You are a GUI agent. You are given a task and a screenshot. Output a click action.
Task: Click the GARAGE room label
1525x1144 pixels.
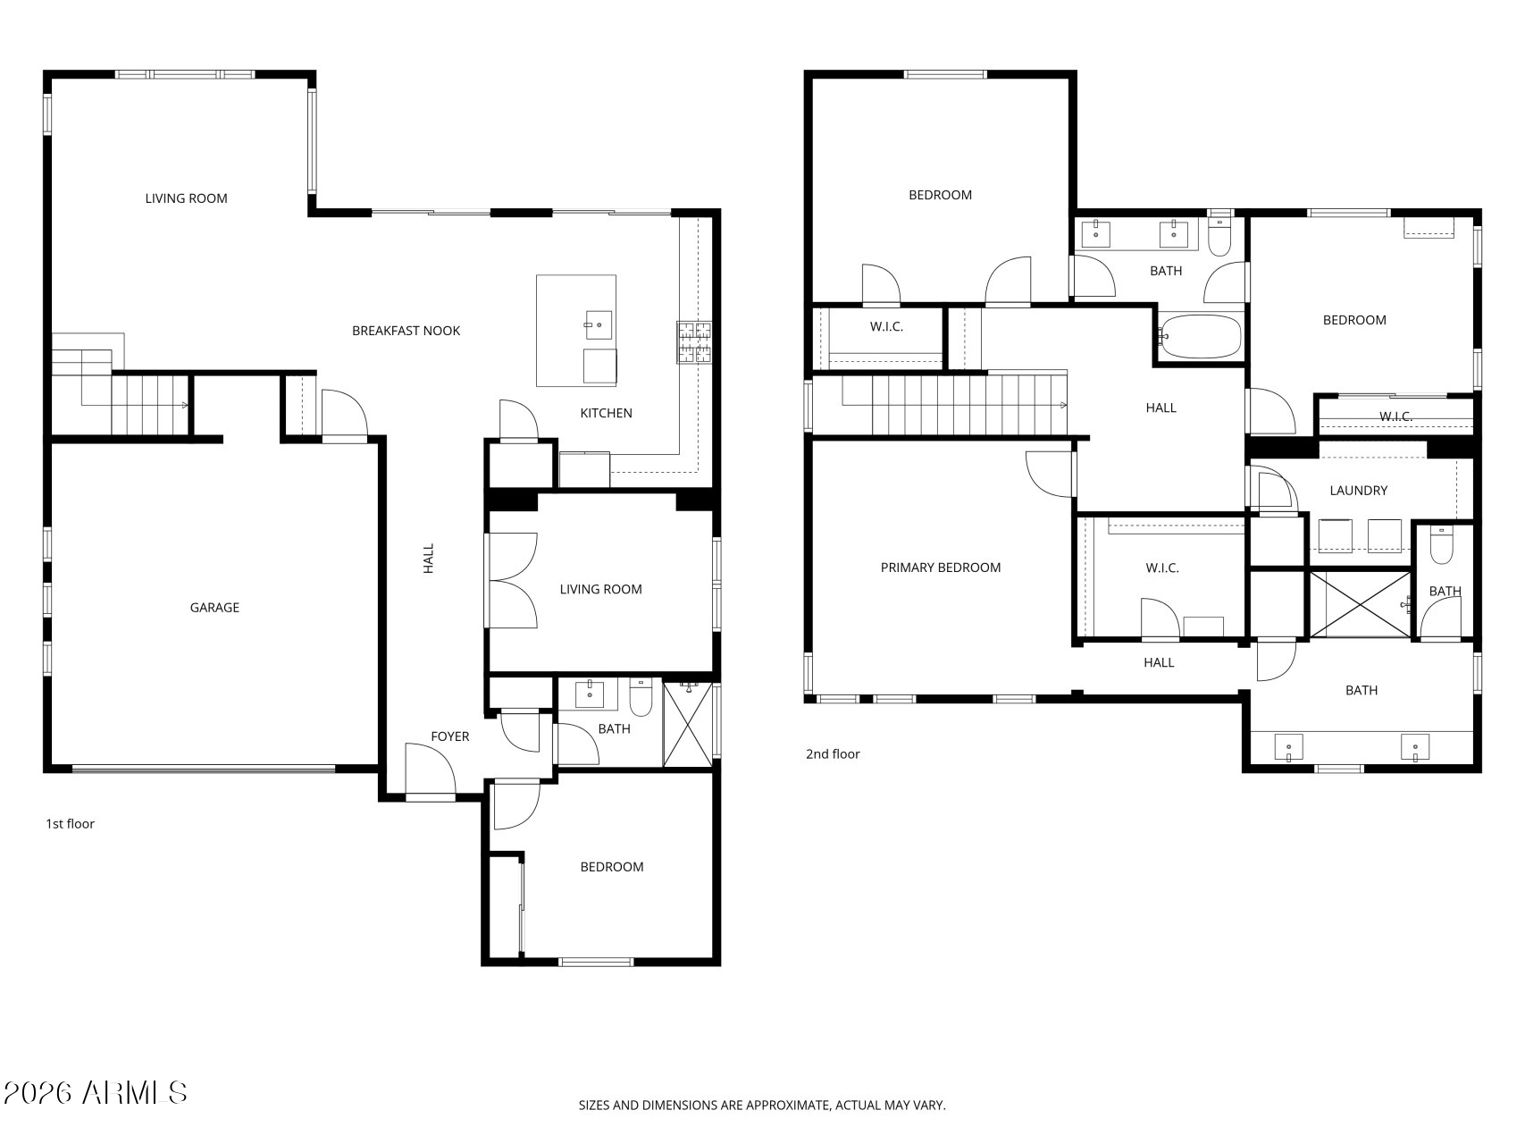[214, 608]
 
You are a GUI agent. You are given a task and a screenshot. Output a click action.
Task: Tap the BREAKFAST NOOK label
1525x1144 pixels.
[406, 331]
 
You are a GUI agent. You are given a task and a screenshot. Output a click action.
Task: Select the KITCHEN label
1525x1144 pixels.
[606, 413]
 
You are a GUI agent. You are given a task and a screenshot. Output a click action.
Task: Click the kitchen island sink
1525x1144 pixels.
[599, 324]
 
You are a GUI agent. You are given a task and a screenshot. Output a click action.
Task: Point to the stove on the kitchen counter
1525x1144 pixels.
[694, 342]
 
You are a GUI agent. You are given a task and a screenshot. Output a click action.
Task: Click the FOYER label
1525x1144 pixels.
[449, 736]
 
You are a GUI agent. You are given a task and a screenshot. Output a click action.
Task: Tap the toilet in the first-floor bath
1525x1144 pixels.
[641, 696]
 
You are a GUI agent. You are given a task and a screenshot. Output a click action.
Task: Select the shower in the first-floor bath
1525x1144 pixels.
[688, 724]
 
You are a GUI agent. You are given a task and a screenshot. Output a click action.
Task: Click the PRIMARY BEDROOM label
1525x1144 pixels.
[941, 568]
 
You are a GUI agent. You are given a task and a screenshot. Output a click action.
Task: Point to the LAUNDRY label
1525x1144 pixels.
[1358, 491]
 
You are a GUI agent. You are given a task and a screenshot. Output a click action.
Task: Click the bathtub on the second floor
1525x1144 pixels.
[1200, 337]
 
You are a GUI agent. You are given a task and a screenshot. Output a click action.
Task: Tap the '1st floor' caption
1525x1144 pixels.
[70, 824]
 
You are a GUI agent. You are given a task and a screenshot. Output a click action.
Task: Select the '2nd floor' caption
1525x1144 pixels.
[833, 754]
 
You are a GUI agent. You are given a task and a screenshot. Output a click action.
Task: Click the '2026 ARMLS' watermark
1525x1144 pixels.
[95, 1093]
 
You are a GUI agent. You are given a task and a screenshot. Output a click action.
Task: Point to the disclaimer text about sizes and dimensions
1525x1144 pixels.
[762, 1106]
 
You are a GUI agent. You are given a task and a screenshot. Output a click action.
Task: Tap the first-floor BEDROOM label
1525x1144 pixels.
[612, 867]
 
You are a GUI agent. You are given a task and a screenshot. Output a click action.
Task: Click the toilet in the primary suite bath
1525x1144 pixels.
[1442, 544]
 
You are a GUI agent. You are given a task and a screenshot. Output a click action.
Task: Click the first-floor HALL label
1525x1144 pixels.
[428, 559]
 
